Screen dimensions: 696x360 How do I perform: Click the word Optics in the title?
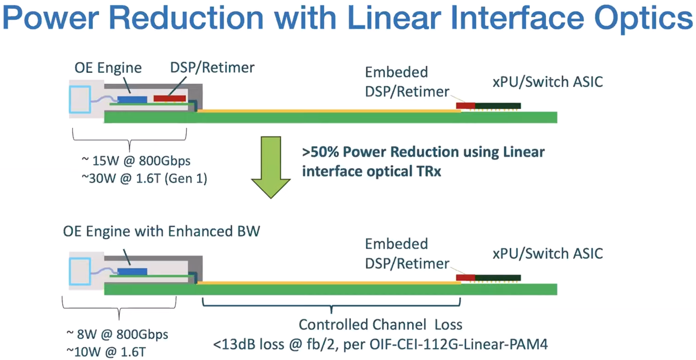[643, 19]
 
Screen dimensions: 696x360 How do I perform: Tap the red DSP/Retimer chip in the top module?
[170, 99]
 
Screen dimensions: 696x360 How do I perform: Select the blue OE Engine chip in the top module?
[132, 100]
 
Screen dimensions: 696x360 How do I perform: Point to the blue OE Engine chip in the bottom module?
[132, 271]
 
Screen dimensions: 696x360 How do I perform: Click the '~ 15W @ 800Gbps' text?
[136, 160]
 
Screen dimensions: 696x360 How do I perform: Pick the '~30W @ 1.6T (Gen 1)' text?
[144, 178]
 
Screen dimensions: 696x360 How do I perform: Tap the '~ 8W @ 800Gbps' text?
[117, 334]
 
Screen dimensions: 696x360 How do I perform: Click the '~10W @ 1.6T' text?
[106, 352]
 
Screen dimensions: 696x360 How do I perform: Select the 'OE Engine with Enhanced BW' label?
[161, 231]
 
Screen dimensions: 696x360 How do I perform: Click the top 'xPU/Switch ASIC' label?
[548, 82]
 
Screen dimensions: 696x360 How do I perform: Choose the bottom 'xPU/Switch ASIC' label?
[548, 254]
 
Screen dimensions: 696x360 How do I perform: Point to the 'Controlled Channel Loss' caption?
[381, 325]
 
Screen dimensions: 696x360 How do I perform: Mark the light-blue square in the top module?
[80, 100]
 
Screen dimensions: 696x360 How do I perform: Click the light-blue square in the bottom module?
[80, 271]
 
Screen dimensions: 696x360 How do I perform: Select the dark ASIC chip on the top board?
[498, 106]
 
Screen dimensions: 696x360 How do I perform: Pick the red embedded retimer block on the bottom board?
[466, 278]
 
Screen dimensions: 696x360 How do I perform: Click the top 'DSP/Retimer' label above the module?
[212, 67]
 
